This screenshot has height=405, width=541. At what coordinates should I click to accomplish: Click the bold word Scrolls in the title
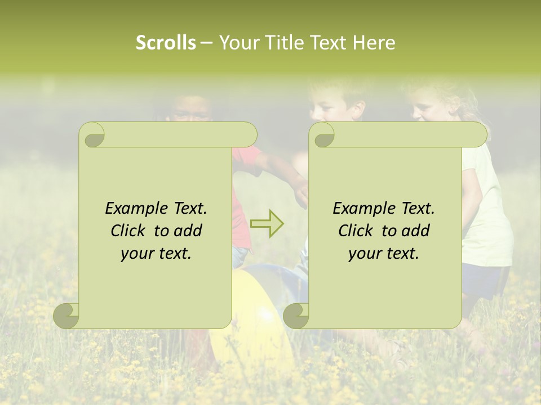tap(166, 43)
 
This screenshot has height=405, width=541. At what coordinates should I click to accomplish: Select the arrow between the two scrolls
tap(267, 223)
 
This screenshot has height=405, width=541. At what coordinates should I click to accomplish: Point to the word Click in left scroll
tap(127, 231)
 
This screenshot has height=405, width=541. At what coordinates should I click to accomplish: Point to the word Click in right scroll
tap(354, 231)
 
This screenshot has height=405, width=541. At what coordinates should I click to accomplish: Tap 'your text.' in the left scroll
tap(156, 254)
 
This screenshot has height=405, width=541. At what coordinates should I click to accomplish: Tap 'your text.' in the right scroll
tap(384, 254)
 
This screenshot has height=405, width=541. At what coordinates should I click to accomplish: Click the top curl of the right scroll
tap(322, 135)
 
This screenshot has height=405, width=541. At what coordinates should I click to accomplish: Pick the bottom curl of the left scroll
tap(66, 316)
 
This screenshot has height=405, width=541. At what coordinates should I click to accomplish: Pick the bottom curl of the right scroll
tap(296, 316)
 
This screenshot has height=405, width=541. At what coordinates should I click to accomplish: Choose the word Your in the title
tap(236, 43)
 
